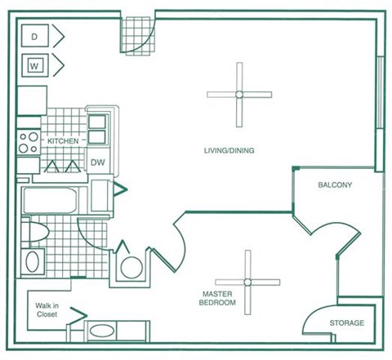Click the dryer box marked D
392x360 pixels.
35,36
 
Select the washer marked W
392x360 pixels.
35,65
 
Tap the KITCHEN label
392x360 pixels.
63,141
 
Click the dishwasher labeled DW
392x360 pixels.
98,162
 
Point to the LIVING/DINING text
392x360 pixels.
229,150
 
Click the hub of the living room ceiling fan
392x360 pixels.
239,95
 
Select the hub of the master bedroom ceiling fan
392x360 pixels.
247,282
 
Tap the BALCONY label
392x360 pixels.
335,185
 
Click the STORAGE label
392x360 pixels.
347,323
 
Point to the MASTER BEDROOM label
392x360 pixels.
217,298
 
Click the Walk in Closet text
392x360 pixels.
47,310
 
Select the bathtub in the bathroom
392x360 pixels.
50,200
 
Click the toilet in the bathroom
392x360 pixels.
35,232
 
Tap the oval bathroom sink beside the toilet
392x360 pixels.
33,261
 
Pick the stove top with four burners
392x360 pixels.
29,143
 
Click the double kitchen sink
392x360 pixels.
97,129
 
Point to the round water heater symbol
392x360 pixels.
131,268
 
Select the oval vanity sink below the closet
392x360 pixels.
102,331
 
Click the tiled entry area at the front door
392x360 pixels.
138,36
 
